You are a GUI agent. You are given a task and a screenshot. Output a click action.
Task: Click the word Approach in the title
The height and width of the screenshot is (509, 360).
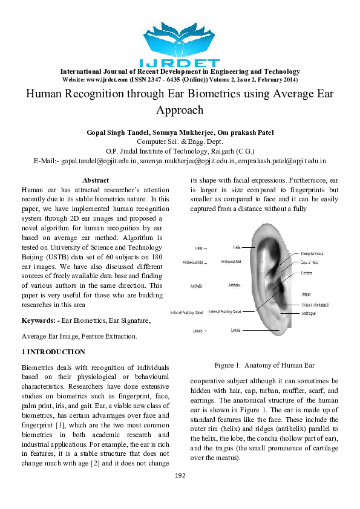pyautogui.click(x=180, y=111)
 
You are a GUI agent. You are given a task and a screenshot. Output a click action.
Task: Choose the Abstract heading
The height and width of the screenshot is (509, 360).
pyautogui.click(x=96, y=180)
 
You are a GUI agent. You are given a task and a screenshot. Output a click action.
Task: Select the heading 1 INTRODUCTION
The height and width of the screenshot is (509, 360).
pyautogui.click(x=53, y=352)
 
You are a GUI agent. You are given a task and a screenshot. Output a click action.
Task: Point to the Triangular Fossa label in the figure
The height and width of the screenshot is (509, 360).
pyautogui.click(x=314, y=254)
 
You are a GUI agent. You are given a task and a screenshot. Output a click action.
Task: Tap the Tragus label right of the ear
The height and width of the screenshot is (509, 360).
pyautogui.click(x=306, y=294)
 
